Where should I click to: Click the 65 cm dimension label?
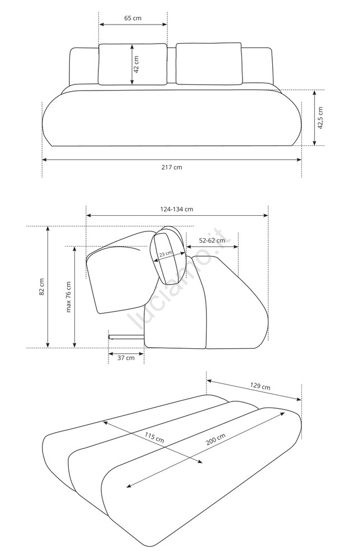click(133, 18)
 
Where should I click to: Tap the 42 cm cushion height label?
click(136, 64)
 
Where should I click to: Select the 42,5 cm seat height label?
click(320, 117)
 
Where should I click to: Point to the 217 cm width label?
click(172, 167)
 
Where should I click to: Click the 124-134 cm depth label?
click(177, 209)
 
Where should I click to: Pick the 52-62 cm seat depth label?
click(212, 240)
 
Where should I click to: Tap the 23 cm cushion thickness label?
click(165, 253)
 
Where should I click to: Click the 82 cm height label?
click(42, 287)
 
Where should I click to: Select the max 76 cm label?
click(68, 297)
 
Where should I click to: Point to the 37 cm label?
click(126, 358)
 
